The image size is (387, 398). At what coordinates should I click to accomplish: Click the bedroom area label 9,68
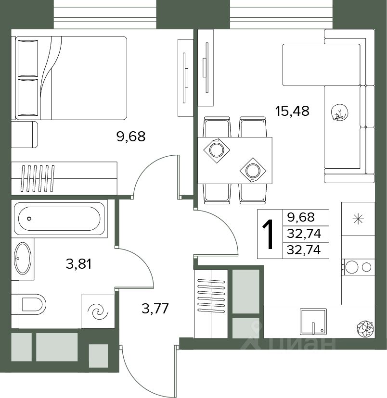131,137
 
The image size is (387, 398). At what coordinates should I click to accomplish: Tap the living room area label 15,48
293,111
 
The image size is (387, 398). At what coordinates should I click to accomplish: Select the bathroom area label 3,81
78,264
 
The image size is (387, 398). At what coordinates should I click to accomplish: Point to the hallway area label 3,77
155,309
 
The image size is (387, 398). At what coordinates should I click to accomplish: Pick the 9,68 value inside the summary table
301,217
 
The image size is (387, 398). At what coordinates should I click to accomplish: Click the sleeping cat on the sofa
340,112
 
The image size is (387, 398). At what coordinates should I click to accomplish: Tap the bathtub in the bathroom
59,219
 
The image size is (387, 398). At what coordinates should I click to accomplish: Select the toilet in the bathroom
32,304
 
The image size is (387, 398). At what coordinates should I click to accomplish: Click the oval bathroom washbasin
23,258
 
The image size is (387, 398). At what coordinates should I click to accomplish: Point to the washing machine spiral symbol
98,311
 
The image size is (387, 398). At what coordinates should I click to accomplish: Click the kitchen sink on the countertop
313,322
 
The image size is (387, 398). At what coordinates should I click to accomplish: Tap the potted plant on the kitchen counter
365,329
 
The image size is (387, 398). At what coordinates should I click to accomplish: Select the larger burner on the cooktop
352,267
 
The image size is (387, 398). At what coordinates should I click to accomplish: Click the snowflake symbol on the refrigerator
358,219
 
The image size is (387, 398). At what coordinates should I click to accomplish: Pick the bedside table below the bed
25,134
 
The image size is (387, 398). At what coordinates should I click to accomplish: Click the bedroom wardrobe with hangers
64,178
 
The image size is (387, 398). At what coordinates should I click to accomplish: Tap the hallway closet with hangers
211,304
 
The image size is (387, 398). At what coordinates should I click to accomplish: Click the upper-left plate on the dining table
217,150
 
